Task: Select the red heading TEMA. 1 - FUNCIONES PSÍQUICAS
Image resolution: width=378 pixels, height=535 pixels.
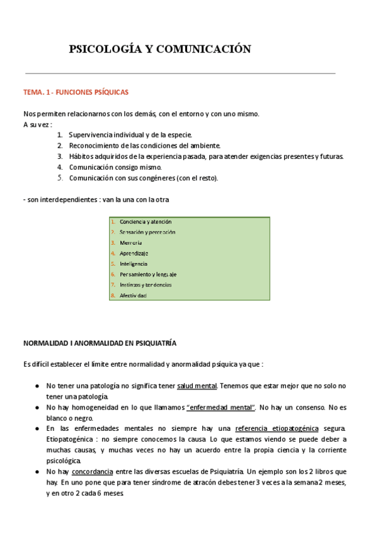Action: click(76, 92)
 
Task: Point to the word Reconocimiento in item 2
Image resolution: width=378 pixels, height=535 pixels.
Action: click(94, 146)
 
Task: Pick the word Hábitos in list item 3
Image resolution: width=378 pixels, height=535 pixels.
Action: click(81, 156)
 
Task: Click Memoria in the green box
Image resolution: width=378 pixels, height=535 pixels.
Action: click(130, 243)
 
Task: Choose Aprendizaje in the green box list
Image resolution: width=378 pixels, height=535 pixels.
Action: click(134, 253)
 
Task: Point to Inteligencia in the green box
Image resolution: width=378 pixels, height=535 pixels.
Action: click(134, 264)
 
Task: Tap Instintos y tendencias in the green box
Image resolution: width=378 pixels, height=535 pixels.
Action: click(145, 285)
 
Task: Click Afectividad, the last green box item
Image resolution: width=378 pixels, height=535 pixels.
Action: click(133, 295)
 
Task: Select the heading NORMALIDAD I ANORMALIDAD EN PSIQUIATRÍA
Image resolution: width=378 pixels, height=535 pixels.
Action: click(100, 343)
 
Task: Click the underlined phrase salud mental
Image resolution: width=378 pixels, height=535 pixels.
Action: click(197, 385)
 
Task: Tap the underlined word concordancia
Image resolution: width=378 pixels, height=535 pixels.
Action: click(93, 471)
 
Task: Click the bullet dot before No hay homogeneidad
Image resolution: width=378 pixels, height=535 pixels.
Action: click(39, 408)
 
